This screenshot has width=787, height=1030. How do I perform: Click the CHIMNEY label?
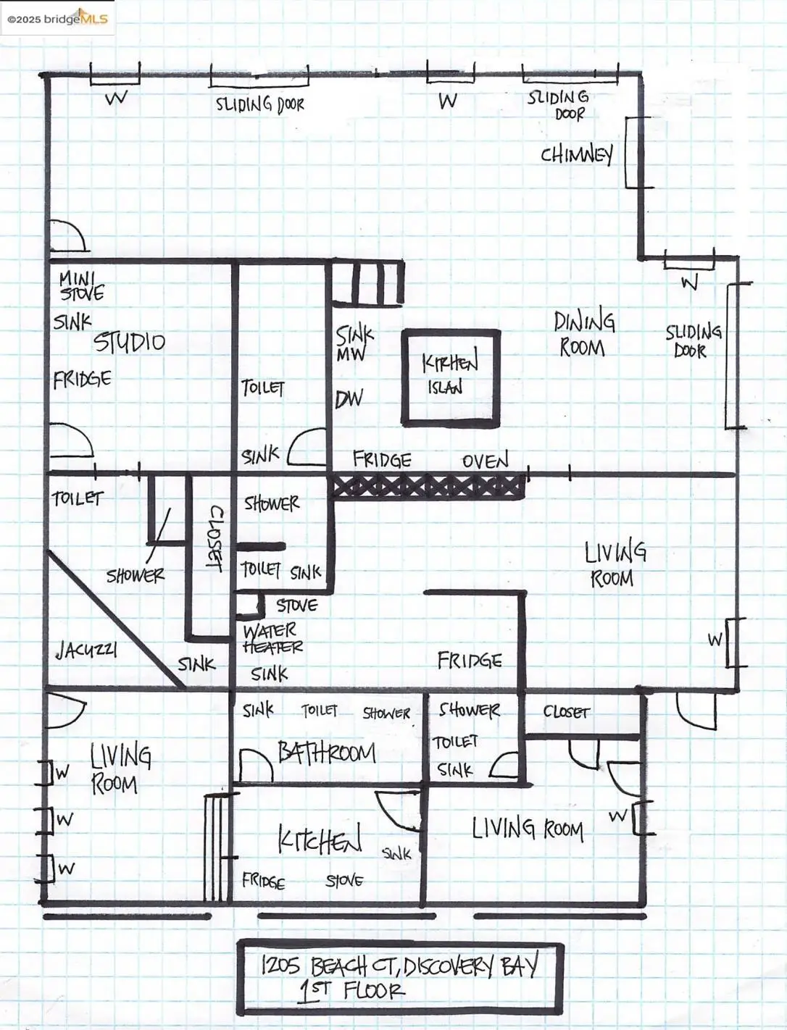coord(576,154)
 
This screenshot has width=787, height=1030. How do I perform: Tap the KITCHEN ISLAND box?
coord(451,376)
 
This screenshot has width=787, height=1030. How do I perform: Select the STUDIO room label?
coord(129,342)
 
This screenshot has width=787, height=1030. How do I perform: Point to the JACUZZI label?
coord(86,650)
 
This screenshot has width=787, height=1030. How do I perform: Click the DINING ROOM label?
coord(584,334)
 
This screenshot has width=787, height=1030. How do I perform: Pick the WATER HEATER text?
coord(272,638)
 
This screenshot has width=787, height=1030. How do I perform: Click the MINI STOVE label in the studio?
coord(81,285)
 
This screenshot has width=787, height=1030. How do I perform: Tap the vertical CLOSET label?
coord(215,537)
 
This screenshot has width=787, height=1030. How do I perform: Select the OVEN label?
coord(485,461)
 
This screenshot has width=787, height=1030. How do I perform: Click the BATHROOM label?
coord(327,753)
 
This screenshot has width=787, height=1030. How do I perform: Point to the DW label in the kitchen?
coord(349,398)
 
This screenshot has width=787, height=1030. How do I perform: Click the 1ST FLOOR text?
coord(353,990)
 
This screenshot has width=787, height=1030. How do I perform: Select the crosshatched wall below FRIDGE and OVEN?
coord(428,486)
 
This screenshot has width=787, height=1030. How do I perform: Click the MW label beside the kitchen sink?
coord(351,355)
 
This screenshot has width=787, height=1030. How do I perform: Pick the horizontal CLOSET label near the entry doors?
coord(566,712)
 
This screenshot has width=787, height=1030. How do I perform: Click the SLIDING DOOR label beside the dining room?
coord(693,341)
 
